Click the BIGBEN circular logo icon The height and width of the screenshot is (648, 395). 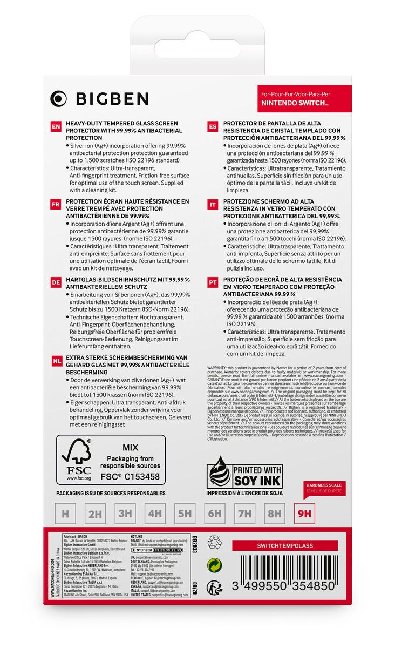point(58,98)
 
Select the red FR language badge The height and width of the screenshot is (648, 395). point(56,205)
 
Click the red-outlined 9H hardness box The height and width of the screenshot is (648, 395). point(305,513)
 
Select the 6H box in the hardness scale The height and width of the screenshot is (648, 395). point(215,513)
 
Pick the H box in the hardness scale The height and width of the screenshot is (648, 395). point(65,513)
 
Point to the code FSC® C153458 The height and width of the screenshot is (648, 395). point(130,477)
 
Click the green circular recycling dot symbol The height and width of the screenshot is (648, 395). point(215,564)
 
